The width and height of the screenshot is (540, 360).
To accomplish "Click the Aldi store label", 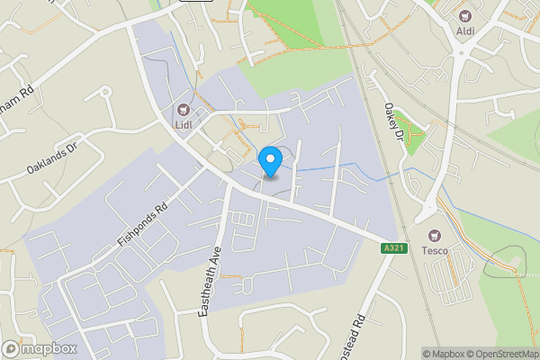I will [x=466, y=32].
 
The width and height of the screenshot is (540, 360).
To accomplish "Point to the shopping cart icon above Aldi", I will [x=466, y=15].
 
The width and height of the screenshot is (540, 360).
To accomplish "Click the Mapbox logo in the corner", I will [x=40, y=348].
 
